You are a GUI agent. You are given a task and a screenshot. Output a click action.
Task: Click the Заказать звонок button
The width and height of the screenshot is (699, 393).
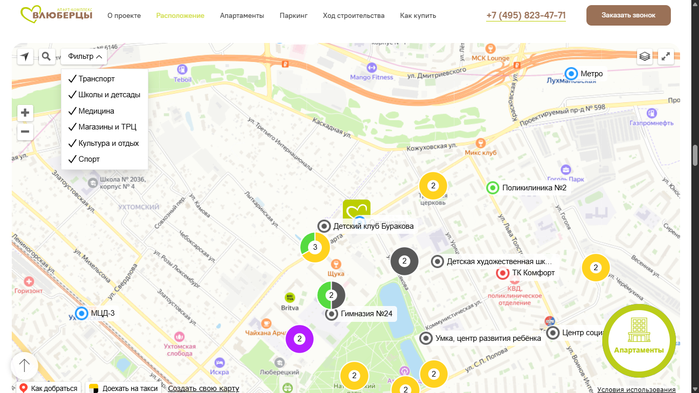pos(628,15)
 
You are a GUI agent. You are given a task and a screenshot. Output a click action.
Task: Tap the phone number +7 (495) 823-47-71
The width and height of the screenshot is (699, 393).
pos(526,15)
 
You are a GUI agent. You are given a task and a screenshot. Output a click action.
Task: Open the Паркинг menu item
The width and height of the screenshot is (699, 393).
pos(293,16)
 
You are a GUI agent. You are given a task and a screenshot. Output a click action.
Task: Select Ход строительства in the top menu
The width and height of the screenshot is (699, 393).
pos(354,16)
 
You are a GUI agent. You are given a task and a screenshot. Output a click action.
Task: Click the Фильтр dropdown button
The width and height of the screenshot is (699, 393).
pos(84,56)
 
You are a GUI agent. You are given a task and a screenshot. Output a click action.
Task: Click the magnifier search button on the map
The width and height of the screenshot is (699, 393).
pos(47,56)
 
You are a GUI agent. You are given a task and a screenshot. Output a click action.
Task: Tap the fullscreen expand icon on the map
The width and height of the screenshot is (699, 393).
pos(666,56)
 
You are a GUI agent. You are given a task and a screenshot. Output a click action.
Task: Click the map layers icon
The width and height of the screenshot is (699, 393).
pos(645,56)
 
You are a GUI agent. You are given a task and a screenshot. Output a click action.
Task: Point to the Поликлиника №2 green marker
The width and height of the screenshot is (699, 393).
pos(493,188)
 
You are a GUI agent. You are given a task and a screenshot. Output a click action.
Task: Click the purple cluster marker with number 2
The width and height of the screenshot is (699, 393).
pos(299,339)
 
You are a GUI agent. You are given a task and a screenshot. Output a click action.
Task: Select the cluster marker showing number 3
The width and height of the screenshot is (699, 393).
pos(315,248)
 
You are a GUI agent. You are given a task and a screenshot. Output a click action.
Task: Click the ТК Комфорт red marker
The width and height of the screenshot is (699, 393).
pos(503,273)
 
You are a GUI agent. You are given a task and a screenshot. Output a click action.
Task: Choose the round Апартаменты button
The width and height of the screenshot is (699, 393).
pos(639,339)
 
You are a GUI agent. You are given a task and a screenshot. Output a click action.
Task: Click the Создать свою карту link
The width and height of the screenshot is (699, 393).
pos(203,388)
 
